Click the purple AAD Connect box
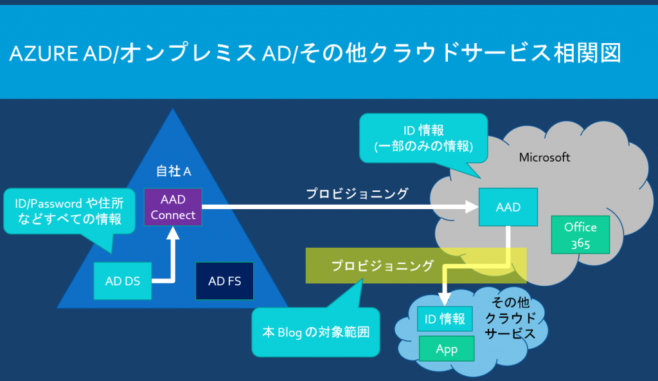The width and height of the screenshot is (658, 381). click(173, 207)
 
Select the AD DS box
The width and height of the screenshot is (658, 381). click(123, 281)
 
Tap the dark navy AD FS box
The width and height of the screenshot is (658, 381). click(224, 281)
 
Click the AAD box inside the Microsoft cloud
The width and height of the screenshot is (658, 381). click(508, 207)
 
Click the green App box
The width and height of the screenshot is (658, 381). click(446, 349)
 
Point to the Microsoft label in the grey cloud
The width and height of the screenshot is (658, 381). click(544, 157)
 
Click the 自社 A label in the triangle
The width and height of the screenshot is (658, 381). click(173, 171)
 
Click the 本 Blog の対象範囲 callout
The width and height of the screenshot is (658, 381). click(315, 332)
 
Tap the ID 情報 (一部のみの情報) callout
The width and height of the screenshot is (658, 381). click(424, 136)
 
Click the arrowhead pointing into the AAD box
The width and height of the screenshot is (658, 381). click(471, 207)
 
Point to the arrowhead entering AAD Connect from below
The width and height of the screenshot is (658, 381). click(173, 232)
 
